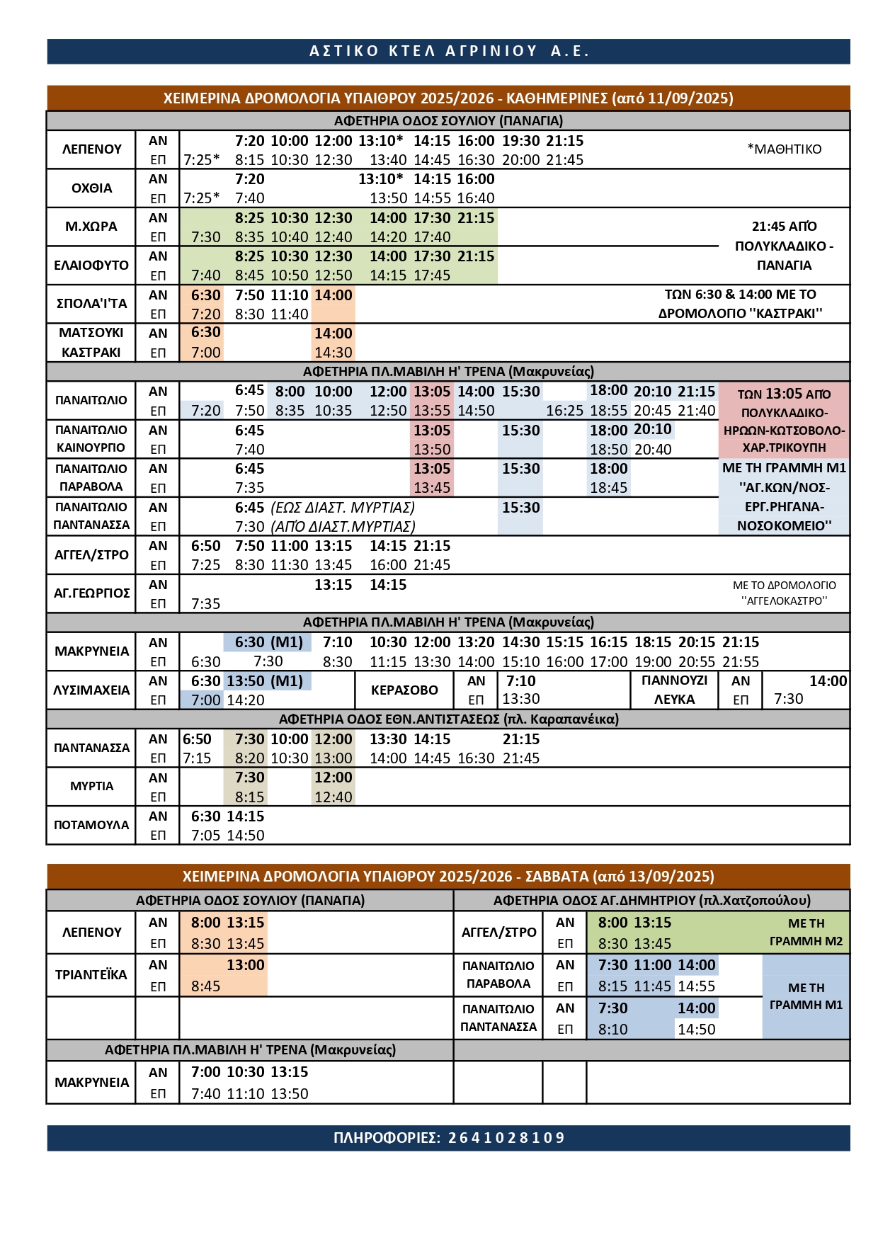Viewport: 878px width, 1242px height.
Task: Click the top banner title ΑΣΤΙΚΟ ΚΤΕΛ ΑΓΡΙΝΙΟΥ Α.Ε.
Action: tap(449, 51)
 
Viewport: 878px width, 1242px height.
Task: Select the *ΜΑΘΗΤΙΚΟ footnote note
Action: tap(785, 149)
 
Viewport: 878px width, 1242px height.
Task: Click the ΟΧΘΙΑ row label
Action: tap(91, 188)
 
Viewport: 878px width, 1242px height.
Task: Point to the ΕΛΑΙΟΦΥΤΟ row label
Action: tap(91, 266)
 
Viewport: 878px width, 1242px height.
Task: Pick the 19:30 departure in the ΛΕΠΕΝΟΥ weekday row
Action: tap(520, 141)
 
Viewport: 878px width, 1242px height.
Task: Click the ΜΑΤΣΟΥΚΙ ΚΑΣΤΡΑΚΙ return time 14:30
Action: tap(333, 353)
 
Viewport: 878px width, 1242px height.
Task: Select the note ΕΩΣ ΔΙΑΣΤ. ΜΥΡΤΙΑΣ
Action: tap(343, 508)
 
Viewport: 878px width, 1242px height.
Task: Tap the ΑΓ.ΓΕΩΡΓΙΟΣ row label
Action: tap(91, 593)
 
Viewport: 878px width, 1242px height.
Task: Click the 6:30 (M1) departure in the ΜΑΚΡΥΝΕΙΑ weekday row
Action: tap(268, 642)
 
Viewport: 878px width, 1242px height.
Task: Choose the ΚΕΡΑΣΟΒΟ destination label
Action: tap(404, 690)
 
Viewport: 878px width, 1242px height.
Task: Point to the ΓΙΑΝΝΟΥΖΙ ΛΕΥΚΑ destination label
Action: tap(674, 690)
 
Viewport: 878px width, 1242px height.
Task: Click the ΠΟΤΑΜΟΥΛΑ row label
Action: tap(91, 825)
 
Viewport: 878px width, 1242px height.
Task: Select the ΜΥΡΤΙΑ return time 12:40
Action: tap(333, 797)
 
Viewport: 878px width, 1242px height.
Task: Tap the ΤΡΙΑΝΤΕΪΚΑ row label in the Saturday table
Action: tap(91, 975)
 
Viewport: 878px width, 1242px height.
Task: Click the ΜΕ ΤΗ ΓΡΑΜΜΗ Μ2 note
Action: tap(806, 932)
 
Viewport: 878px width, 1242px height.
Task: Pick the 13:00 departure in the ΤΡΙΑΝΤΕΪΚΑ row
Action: tap(245, 965)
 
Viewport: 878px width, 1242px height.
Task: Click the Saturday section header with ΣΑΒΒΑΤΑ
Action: tap(448, 876)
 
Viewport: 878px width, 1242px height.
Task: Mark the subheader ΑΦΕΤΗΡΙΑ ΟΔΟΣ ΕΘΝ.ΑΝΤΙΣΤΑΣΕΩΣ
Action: tap(448, 719)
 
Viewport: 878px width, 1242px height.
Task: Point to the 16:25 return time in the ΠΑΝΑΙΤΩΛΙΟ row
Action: tap(564, 411)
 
